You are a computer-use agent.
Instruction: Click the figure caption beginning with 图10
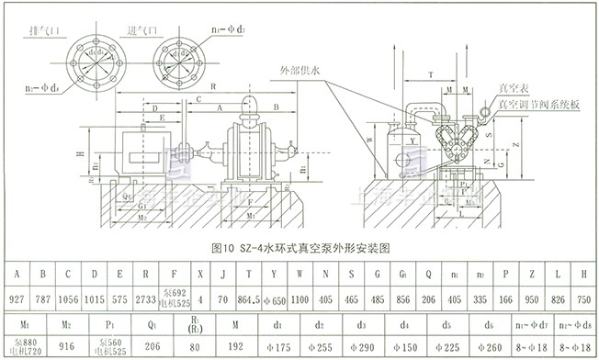coord(300,248)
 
